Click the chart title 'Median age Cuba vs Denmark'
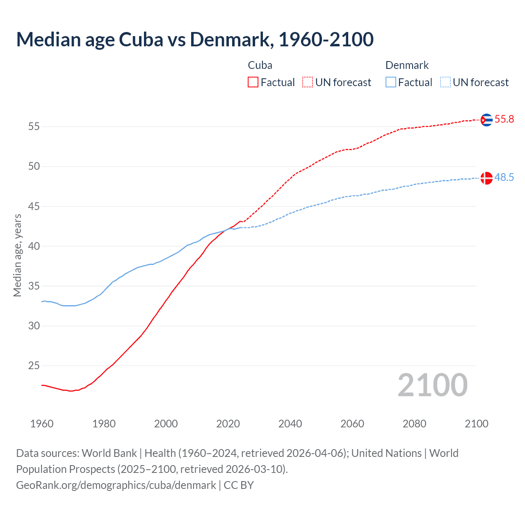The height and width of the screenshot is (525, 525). coord(194,39)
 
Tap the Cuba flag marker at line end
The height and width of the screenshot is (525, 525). coord(486,120)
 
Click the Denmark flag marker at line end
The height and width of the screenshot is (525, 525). coord(486,178)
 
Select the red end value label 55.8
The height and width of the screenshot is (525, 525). coord(504,119)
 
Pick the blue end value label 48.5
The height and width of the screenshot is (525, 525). coord(504,178)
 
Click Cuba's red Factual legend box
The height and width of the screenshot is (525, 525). coord(253,82)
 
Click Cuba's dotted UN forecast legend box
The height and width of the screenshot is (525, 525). coord(308,82)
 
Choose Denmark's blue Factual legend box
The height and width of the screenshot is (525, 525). coord(391,82)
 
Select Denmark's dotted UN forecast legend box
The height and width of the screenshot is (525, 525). coord(445,82)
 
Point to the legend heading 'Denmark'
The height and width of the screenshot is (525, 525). coord(407,65)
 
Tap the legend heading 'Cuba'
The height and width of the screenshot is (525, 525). coord(260,65)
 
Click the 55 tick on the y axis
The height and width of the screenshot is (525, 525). coord(34,127)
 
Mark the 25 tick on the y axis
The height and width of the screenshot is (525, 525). coord(34,366)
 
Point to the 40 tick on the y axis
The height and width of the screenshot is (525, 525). coord(34,247)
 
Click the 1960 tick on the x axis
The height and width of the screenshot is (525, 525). coord(42,424)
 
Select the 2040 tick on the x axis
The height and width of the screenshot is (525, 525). coord(290,424)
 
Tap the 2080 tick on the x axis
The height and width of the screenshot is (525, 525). coord(414,424)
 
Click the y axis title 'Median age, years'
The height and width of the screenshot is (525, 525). coord(17,255)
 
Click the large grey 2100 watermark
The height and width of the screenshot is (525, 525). coord(433,385)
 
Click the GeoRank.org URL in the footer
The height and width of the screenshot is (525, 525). coord(116,485)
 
